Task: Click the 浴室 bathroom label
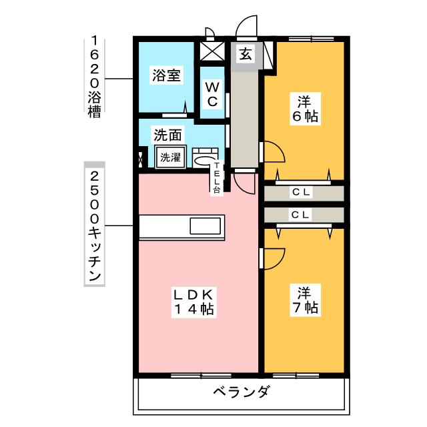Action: click(166, 75)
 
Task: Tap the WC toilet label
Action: click(212, 95)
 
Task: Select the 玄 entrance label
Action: click(246, 54)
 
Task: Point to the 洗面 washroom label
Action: click(167, 135)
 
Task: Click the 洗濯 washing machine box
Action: click(171, 157)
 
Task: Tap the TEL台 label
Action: click(217, 177)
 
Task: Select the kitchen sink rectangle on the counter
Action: click(205, 226)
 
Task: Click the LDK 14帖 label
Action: click(194, 302)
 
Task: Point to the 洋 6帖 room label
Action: click(305, 109)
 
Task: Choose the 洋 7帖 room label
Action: click(305, 300)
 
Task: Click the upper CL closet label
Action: click(301, 192)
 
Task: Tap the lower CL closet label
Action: click(300, 215)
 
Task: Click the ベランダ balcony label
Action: click(242, 392)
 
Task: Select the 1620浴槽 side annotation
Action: click(94, 77)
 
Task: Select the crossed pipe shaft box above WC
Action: click(212, 51)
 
